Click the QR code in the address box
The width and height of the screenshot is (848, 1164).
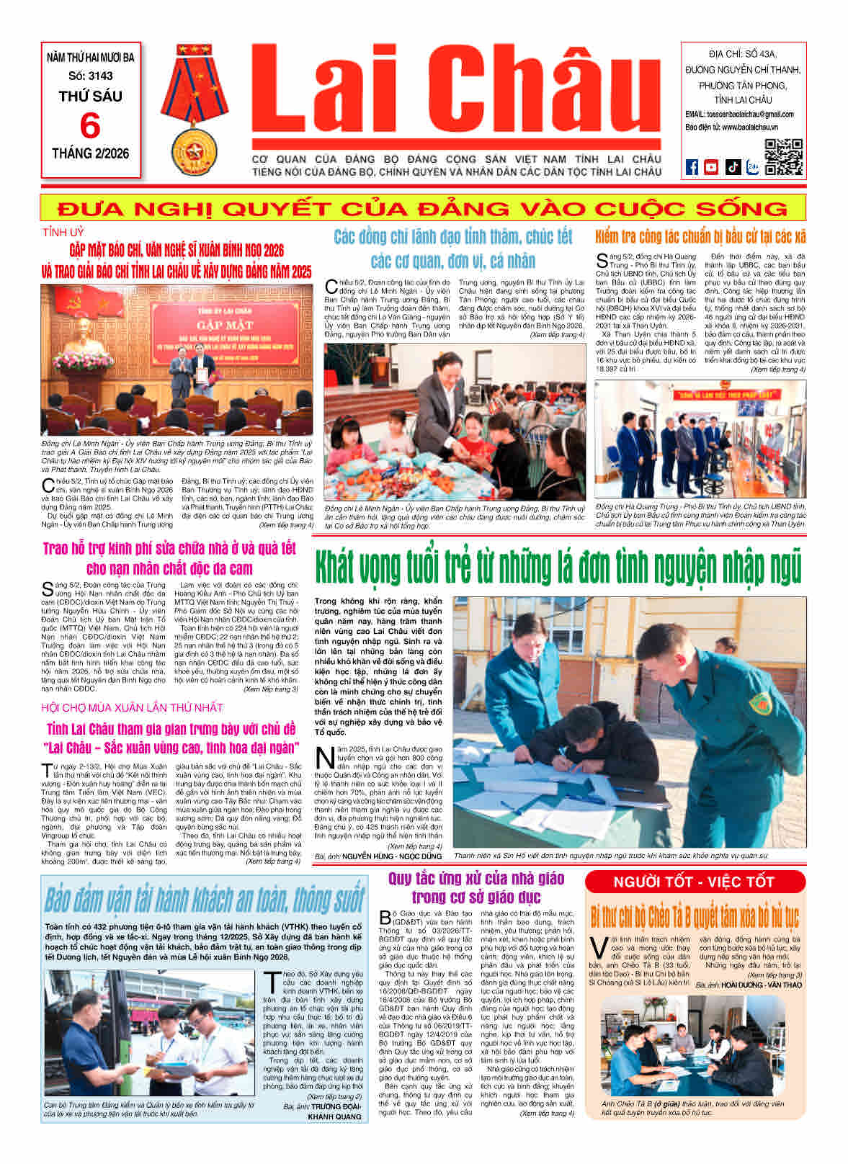click(x=784, y=157)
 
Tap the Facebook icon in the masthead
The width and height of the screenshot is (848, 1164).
click(x=692, y=167)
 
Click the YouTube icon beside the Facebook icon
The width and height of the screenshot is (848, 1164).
click(x=711, y=167)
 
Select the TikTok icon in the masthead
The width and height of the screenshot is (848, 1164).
click(x=732, y=167)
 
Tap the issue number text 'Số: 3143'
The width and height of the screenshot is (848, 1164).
click(x=91, y=76)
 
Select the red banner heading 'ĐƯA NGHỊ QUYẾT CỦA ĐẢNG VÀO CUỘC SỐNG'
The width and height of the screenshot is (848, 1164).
click(x=423, y=209)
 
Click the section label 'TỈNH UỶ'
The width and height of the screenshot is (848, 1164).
click(x=63, y=233)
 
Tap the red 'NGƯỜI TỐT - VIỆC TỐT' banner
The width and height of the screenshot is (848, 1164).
click(x=694, y=882)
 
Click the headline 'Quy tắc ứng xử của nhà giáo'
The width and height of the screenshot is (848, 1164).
click(x=476, y=887)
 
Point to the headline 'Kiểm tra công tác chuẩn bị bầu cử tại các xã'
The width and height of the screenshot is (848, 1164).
click(x=700, y=236)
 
